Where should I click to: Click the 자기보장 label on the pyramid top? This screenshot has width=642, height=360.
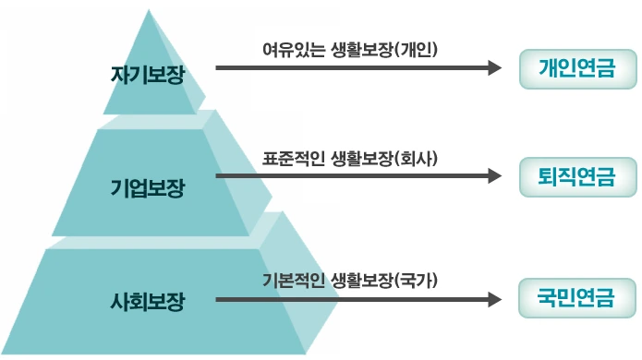pos(147,75)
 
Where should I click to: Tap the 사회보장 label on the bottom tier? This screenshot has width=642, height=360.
pos(147,301)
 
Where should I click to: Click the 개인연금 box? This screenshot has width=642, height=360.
pos(578,67)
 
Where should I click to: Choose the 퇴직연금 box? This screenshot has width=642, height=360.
pos(578,174)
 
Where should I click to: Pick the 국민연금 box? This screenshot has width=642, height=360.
pos(578,298)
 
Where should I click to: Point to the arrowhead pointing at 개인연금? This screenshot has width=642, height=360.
pos(492,68)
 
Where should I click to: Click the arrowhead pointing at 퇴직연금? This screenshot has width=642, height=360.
pos(492,174)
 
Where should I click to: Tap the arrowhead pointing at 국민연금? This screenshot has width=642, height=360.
pos(492,300)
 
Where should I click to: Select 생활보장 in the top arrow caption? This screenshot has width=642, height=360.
pos(360,46)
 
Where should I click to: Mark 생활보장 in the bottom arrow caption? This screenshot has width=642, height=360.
pos(360,281)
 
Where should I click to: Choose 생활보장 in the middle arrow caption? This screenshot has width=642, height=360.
pos(360,157)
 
